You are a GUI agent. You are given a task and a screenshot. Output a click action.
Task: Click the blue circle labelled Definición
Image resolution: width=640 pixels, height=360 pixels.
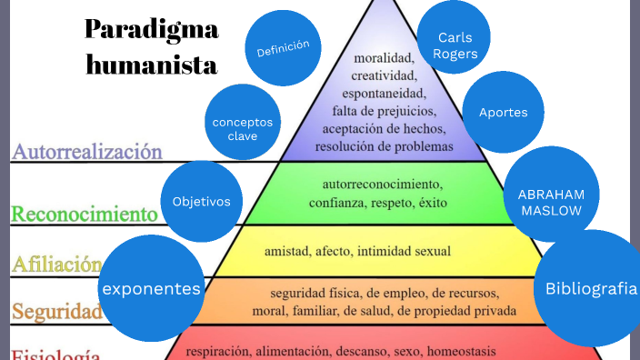point(283,47)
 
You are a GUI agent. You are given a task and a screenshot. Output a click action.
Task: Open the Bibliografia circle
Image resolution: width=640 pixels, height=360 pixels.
point(591,289)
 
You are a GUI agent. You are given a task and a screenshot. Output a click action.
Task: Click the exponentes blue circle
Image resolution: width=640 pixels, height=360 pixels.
point(152,289)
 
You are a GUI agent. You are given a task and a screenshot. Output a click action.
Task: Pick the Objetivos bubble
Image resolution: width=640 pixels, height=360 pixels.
point(201,201)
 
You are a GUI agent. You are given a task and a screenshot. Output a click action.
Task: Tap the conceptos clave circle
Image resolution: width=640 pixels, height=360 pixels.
point(242,128)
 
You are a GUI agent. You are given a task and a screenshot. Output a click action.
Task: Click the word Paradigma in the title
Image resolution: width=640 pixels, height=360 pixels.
point(152,29)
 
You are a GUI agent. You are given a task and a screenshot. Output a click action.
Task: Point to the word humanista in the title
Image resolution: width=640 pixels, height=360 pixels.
point(152,65)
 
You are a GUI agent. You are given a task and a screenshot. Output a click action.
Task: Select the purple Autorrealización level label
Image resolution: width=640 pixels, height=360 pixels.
point(86,152)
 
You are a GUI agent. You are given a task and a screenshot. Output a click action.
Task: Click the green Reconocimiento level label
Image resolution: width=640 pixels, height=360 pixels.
point(84,215)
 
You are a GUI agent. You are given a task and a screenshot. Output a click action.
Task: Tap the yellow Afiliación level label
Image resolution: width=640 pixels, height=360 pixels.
point(55,265)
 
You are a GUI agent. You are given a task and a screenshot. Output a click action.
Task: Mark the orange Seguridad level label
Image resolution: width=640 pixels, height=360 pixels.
point(55,312)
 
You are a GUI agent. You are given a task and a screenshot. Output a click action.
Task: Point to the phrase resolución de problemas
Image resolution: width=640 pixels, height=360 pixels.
point(384,145)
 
